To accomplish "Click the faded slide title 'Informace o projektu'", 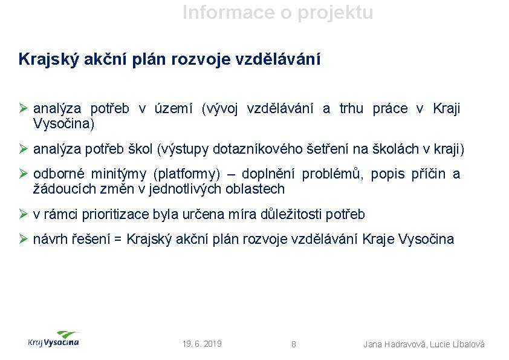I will pos(278,12).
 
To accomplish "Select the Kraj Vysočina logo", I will pos(53,339).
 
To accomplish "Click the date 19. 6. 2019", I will pos(202,344).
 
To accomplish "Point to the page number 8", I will pos(294,344).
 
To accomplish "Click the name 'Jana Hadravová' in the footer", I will pos(394,344).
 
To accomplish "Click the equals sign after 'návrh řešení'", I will pos(117,239).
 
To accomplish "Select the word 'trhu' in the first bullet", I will pos(351,109).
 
